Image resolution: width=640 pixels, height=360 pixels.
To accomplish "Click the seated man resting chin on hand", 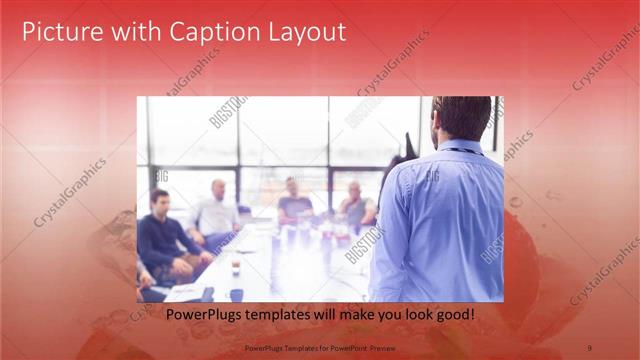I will tap(355, 205).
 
